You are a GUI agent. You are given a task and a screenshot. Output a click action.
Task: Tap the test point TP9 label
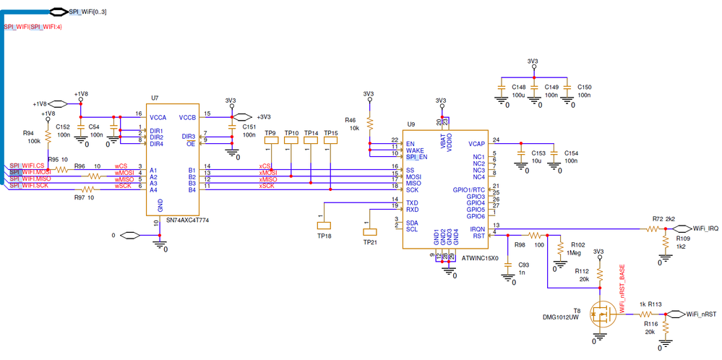(270, 133)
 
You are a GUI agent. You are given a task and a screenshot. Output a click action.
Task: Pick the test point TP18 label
(323, 236)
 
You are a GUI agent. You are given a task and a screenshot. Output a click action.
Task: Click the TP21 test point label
(369, 243)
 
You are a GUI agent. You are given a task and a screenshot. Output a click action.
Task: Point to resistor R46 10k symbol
(369, 122)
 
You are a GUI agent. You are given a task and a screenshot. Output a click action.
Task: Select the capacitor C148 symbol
(500, 87)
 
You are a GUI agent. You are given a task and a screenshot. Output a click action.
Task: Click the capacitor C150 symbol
(569, 87)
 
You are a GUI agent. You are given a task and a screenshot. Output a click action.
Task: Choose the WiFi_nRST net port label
(701, 314)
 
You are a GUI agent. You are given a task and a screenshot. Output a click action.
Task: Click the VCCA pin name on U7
(159, 117)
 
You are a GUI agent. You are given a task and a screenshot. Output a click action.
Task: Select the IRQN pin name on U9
(477, 228)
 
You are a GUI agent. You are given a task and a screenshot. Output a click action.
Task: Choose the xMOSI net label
(268, 173)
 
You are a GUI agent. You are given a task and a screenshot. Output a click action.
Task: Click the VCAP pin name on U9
(476, 144)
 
